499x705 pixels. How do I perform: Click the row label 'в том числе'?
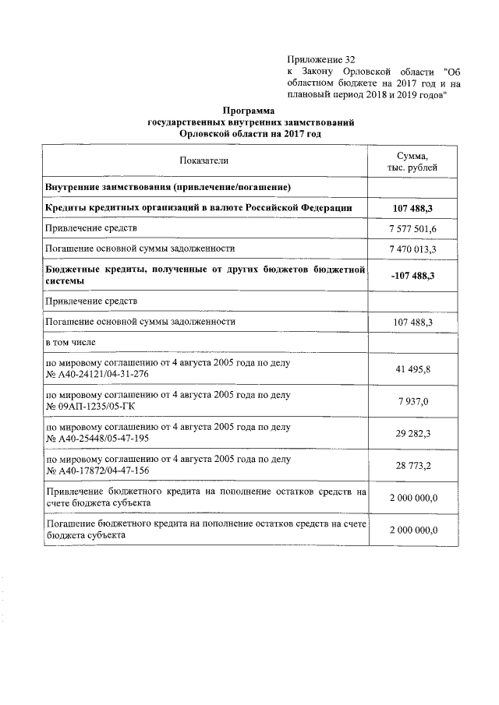(x=73, y=341)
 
